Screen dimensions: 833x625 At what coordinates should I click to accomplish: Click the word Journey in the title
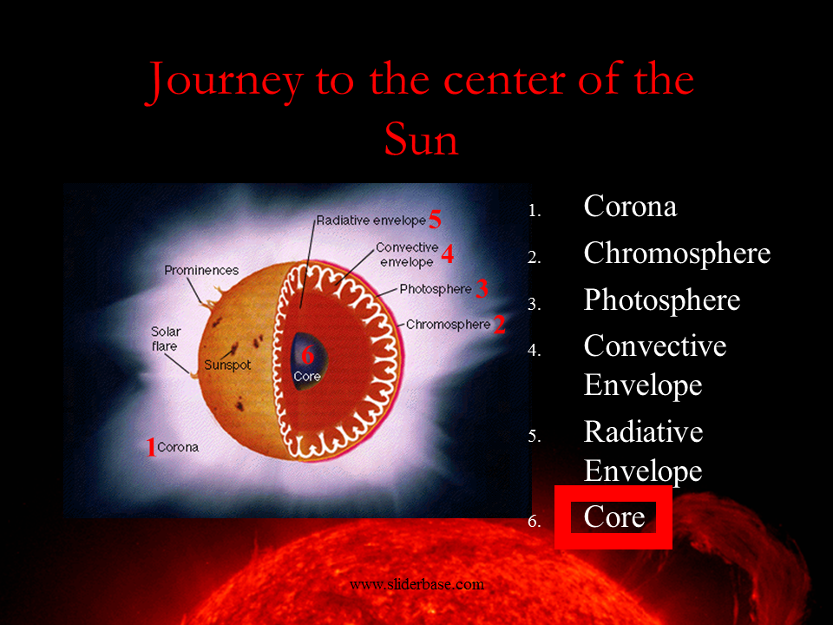point(224,82)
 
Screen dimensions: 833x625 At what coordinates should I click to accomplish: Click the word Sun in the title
point(421,139)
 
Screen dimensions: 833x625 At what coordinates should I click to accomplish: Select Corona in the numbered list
point(630,206)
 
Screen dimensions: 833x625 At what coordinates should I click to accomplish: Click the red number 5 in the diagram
point(435,220)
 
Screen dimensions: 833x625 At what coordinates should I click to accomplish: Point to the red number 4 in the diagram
point(448,253)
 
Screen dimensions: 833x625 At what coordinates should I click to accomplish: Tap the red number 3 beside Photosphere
point(482,288)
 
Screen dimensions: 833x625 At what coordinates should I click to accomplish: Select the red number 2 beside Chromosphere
point(500,324)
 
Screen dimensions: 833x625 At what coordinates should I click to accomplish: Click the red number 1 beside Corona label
point(151,447)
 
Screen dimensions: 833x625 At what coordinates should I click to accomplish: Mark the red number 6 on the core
point(307,355)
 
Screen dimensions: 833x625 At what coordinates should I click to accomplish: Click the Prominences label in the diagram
point(201,271)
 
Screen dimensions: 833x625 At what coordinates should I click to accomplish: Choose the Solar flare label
point(165,339)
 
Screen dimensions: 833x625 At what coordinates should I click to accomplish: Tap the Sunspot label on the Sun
point(227,365)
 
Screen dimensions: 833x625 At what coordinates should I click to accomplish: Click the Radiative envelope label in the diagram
point(371,220)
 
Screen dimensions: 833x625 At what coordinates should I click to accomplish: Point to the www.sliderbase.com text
point(417,584)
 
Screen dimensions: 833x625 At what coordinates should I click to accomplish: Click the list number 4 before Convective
point(534,350)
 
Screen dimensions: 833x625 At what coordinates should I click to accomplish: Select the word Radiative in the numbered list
point(643,431)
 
